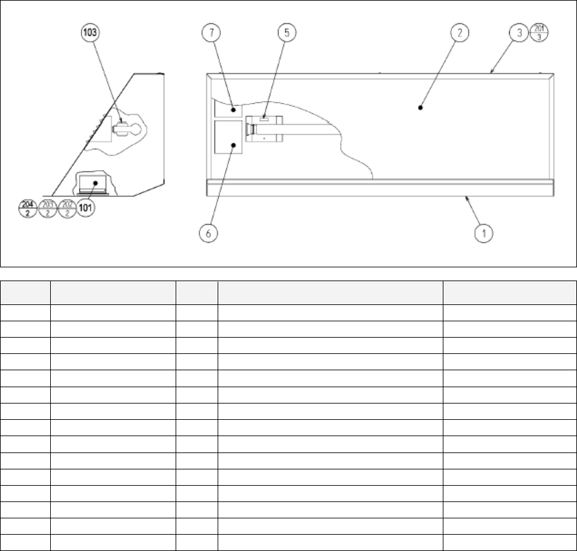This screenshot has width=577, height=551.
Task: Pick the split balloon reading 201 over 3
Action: (x=539, y=31)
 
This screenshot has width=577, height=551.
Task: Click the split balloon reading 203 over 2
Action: (x=48, y=207)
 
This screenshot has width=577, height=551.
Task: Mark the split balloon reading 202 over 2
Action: (x=66, y=207)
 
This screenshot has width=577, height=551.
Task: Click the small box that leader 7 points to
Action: (x=228, y=109)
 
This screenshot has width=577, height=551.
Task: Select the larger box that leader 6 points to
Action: (x=228, y=137)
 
